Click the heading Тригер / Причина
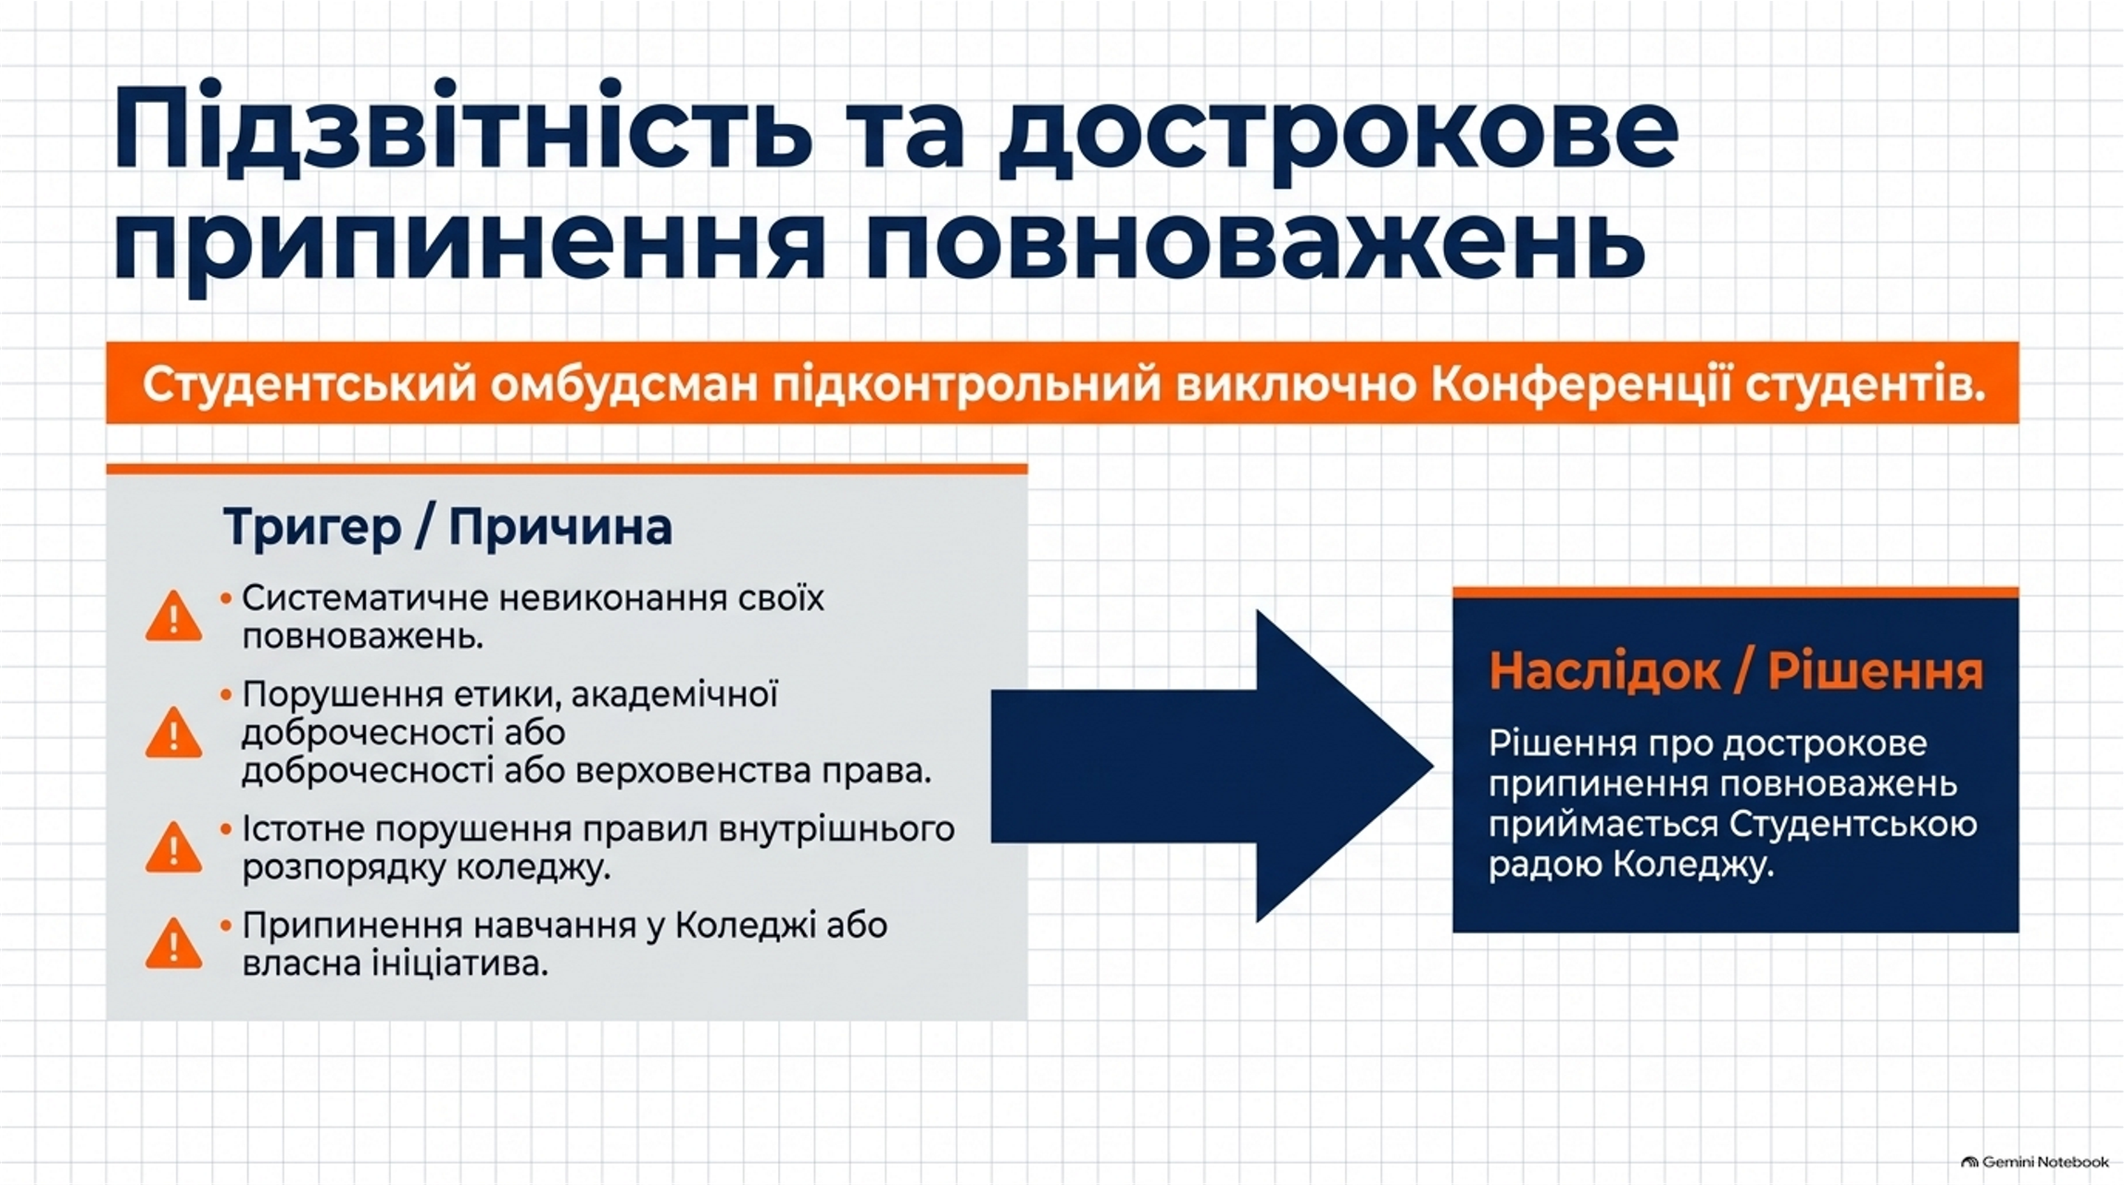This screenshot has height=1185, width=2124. (448, 528)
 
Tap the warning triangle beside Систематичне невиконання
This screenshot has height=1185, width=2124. (173, 617)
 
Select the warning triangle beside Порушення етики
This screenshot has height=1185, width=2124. (173, 732)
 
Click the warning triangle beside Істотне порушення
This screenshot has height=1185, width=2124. (173, 847)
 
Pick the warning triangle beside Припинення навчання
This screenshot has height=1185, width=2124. (173, 943)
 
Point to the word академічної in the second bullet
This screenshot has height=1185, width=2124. (674, 694)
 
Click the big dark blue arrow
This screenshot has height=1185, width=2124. (1212, 766)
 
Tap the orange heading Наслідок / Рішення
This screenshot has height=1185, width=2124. (1736, 671)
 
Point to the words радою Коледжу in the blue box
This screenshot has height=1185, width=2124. (1631, 865)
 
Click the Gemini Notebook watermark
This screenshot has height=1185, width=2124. (2034, 1162)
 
